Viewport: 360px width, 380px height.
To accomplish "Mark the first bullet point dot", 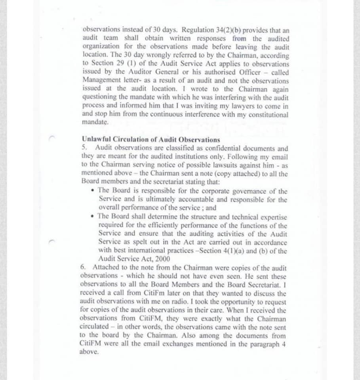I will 92,191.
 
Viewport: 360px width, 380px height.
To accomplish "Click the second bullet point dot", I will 92,217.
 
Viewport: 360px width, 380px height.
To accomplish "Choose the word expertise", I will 272,217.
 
